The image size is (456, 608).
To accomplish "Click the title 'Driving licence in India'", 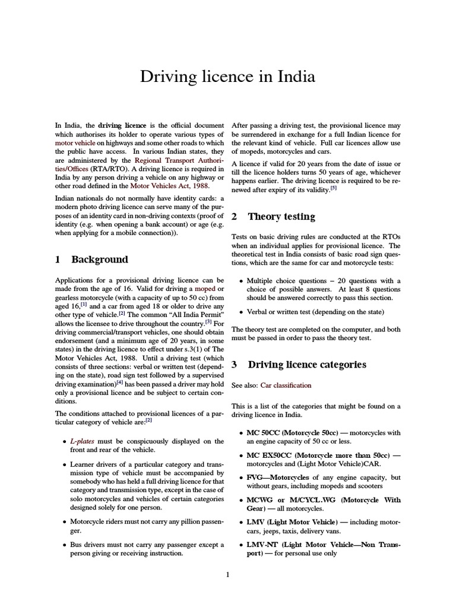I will [227, 77].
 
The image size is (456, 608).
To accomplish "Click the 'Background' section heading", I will [99, 259].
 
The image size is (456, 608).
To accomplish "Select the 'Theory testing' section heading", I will [281, 217].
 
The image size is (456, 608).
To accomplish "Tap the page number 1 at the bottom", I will [227, 574].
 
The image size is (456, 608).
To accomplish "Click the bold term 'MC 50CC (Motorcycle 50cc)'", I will [292, 432].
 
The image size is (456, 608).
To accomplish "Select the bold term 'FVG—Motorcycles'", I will [277, 477].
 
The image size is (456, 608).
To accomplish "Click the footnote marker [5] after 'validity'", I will [334, 188].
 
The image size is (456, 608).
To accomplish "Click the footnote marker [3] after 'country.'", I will [208, 322].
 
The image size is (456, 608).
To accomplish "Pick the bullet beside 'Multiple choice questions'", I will [240, 281].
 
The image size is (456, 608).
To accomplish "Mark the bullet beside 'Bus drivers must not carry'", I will [64, 544].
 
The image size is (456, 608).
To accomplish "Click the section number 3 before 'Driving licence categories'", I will [234, 365].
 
